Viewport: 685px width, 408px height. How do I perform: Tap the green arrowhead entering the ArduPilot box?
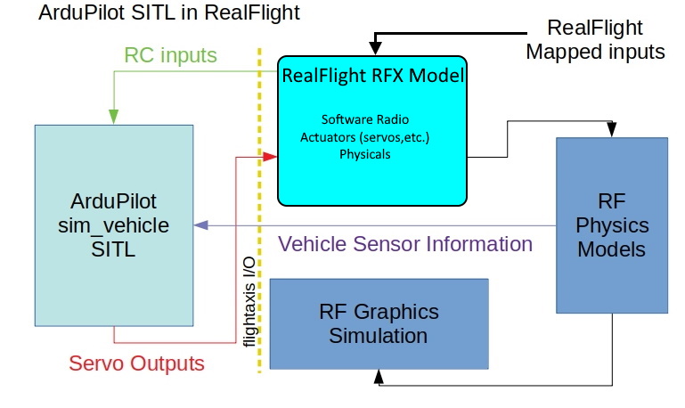coord(114,117)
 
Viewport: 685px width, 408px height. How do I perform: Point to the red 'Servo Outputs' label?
coord(136,363)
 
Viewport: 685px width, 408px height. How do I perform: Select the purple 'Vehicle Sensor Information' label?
coord(405,244)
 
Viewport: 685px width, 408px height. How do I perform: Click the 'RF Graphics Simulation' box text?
coord(379,323)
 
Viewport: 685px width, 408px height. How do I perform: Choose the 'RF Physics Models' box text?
coord(611,225)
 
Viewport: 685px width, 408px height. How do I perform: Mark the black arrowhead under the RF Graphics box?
coord(379,377)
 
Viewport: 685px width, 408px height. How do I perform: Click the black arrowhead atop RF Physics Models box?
coord(611,131)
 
